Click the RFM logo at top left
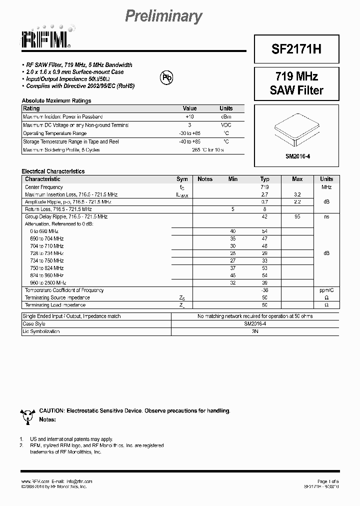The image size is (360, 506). (x=47, y=38)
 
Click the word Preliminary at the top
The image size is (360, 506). (x=163, y=16)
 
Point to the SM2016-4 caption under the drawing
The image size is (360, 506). (x=297, y=156)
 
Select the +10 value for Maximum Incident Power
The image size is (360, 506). (x=189, y=116)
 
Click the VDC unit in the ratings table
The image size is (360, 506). (x=226, y=125)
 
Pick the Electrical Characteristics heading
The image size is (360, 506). (x=53, y=171)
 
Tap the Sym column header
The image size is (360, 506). (x=182, y=179)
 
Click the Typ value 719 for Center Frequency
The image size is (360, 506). (x=264, y=187)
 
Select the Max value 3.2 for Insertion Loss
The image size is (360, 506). (x=297, y=194)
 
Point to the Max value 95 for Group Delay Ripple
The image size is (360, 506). (x=297, y=217)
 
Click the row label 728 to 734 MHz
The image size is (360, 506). (x=46, y=253)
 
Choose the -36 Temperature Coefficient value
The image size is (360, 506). (x=264, y=290)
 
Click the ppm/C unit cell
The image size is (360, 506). (x=326, y=290)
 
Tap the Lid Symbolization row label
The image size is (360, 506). (x=41, y=331)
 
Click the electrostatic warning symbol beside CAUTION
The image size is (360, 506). (x=27, y=413)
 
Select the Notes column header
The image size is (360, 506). (x=205, y=179)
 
